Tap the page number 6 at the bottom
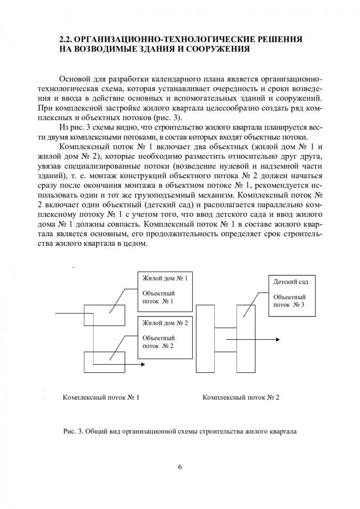coord(180,467)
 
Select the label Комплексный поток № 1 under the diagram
coord(101,398)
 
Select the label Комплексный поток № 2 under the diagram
coord(241,398)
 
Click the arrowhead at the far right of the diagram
coord(279,338)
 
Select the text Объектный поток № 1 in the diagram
coord(158,297)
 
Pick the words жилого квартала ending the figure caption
coord(274,431)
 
